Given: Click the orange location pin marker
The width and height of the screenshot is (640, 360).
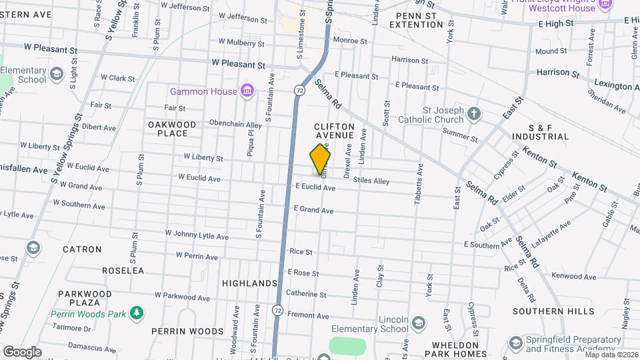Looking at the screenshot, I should click(321, 159).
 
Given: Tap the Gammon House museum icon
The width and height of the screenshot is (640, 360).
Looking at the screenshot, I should click(247, 90).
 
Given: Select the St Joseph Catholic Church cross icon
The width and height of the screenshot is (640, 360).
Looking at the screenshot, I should click(474, 113).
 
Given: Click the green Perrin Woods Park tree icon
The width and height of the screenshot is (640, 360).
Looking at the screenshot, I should click(137, 312).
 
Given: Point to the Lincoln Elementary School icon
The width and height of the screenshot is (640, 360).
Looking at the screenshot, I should click(418, 323).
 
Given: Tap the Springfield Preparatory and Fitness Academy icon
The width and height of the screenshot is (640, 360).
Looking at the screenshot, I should click(515, 343).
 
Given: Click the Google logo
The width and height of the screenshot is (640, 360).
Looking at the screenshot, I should click(22, 351).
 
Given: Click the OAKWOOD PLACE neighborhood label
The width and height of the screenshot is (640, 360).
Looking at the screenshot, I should click(172, 129).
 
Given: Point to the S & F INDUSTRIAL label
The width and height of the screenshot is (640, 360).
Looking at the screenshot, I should click(539, 132).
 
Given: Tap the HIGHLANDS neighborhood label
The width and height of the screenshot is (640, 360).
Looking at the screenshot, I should click(250, 283).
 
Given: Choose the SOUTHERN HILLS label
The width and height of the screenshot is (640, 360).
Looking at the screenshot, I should click(553, 311).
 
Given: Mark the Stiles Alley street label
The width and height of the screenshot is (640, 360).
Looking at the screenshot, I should click(371, 181).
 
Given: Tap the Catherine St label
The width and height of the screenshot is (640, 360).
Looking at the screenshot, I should click(306, 293).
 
